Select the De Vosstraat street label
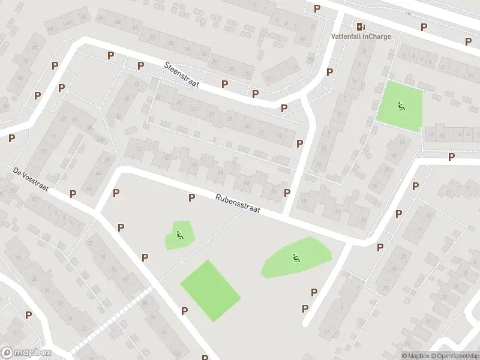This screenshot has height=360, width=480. [31, 180]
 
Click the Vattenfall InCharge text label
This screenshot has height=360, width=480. [361, 36]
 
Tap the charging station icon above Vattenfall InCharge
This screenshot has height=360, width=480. [360, 26]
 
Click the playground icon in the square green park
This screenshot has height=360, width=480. [400, 107]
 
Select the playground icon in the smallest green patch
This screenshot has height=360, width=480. [179, 235]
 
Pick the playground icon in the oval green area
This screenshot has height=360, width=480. [295, 258]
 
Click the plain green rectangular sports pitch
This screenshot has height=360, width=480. [211, 290]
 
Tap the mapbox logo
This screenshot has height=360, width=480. [26, 353]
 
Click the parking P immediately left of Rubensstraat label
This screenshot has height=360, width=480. [192, 197]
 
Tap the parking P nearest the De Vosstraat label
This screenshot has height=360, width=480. [73, 193]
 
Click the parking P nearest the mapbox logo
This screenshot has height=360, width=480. [28, 314]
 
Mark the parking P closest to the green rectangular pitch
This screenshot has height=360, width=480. [184, 311]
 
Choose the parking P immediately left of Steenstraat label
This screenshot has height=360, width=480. [140, 65]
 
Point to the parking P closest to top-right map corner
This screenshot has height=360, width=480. [468, 41]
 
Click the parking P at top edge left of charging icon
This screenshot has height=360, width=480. [317, 8]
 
